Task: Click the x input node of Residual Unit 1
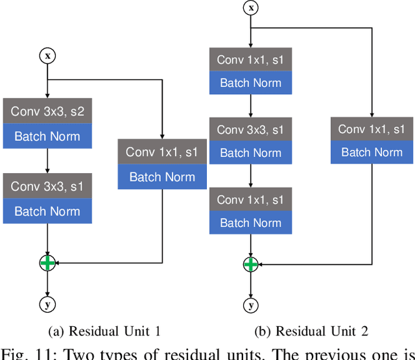coord(47,56)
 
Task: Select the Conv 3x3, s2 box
coord(47,112)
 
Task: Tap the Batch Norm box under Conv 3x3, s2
coord(47,136)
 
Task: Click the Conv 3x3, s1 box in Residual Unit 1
coord(47,186)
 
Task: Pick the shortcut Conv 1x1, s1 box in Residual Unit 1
coord(162,152)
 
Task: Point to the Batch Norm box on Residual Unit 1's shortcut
coord(162,176)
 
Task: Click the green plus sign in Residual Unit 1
coord(47,263)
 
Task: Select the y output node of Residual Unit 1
coord(47,304)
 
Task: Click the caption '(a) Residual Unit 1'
coord(113,331)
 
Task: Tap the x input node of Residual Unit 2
coord(250,8)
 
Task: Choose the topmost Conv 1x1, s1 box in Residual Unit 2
coord(250,60)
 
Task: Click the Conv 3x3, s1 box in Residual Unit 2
coord(250,130)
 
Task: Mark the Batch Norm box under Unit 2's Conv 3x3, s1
coord(250,153)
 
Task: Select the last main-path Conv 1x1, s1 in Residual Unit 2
coord(250,200)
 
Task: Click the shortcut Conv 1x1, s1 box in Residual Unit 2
coord(372,128)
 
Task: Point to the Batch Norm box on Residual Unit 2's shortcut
coord(372,152)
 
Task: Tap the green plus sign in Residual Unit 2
coord(250,264)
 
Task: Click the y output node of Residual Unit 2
coord(250,304)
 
